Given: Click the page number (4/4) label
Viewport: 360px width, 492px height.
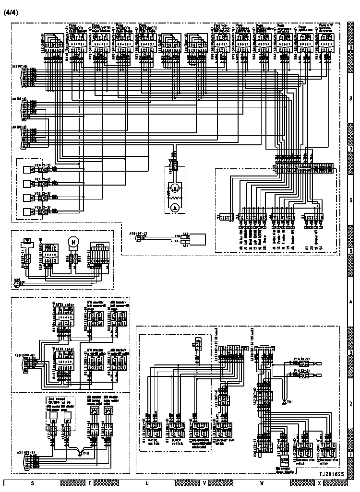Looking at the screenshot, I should point(10,12).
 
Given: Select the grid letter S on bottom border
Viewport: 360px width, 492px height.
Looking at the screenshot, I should point(32,483).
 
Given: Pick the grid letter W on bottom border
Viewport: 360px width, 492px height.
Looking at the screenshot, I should point(262,483).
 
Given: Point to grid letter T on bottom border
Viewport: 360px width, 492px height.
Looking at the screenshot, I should point(90,483).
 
